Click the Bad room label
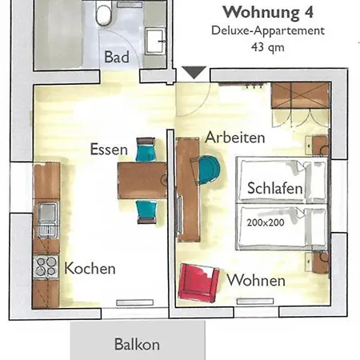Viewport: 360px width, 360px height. click(117, 58)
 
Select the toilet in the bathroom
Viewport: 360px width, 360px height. click(104, 14)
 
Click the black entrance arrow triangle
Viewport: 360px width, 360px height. click(193, 73)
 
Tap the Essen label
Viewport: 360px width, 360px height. click(108, 148)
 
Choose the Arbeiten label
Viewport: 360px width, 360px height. click(234, 138)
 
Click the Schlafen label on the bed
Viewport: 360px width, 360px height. click(274, 190)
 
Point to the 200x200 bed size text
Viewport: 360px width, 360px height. click(266, 222)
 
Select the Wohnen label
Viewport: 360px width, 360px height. click(256, 281)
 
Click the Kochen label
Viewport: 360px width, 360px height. click(90, 268)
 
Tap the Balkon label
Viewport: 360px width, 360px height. click(137, 345)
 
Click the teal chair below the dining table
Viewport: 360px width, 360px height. click(146, 210)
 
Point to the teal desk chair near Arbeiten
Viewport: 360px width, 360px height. click(207, 169)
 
